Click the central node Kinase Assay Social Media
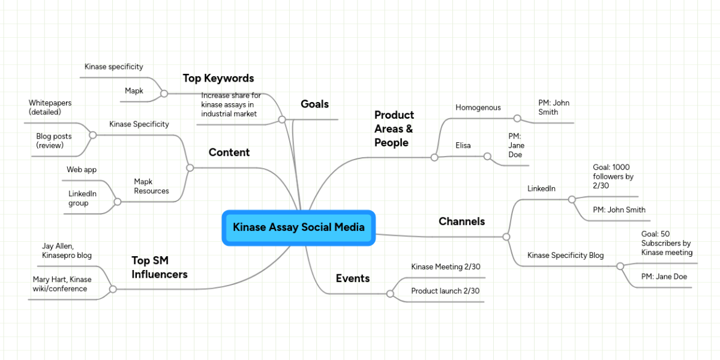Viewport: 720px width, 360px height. pos(298,227)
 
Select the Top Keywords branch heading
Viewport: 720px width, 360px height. pos(218,78)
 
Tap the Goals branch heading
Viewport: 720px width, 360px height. pos(314,104)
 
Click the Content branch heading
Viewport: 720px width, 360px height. pos(229,152)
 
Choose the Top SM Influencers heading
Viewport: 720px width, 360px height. pos(159,267)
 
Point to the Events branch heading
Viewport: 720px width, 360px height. pos(352,278)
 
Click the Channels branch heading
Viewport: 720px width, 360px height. pos(461,221)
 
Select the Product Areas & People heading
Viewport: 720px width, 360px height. pos(394,128)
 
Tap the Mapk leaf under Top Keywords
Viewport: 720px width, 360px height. pos(134,91)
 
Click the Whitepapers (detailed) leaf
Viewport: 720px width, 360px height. pos(50,107)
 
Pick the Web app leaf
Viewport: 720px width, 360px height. pos(82,170)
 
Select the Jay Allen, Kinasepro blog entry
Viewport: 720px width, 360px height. pos(67,251)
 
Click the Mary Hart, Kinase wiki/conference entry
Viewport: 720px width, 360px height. pos(62,284)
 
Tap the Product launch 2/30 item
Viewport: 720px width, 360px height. pos(445,291)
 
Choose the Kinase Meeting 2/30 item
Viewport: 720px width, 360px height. pos(445,266)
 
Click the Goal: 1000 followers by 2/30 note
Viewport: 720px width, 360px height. pos(613,176)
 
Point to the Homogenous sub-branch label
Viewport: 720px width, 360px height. pos(478,107)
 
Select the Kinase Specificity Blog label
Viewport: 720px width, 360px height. pos(565,255)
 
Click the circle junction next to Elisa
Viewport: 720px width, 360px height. pos(487,157)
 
